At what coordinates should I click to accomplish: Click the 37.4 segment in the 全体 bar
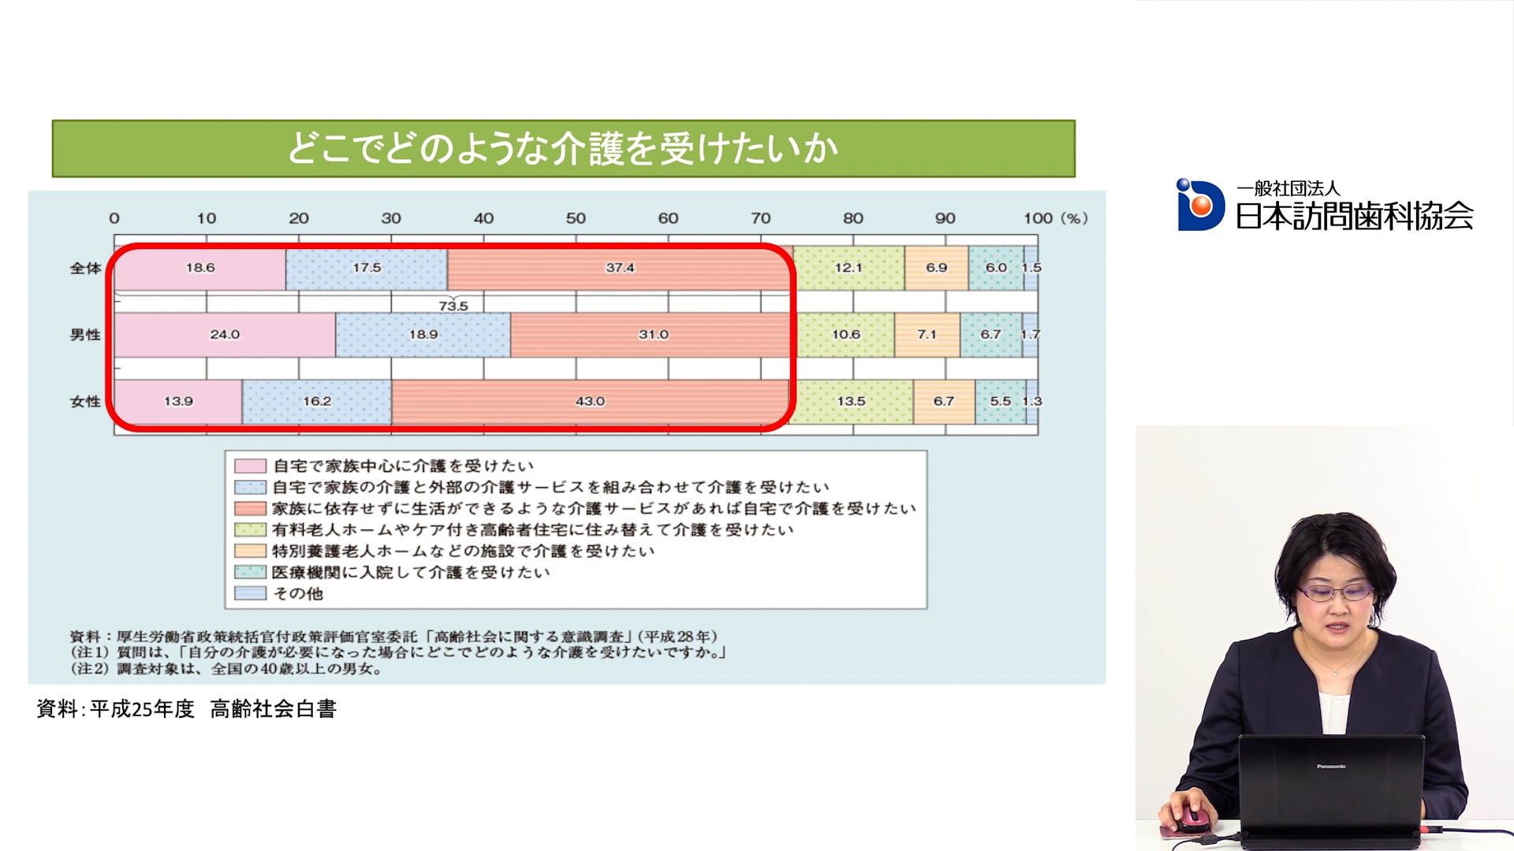(x=619, y=268)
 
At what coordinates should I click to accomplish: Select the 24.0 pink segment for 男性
(x=225, y=335)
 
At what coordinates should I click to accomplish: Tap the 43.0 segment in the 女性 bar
(x=590, y=402)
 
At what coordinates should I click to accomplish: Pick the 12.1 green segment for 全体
(x=848, y=268)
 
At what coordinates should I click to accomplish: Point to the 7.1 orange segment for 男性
(x=927, y=335)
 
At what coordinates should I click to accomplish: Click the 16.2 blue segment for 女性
(x=317, y=402)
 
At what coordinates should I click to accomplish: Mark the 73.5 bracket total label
(x=453, y=306)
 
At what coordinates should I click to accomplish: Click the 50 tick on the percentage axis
(x=576, y=218)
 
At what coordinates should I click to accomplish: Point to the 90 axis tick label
(x=945, y=218)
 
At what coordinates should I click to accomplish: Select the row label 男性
(x=85, y=335)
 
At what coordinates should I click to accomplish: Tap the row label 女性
(x=85, y=402)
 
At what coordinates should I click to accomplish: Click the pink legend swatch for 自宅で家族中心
(x=250, y=466)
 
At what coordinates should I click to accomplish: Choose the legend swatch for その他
(x=250, y=593)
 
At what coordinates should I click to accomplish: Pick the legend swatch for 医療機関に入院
(x=250, y=572)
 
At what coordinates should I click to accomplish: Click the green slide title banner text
(x=562, y=149)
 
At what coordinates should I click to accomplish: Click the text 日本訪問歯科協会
(x=1354, y=216)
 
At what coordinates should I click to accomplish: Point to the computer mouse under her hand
(x=1191, y=819)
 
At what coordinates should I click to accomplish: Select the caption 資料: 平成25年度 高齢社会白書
(x=187, y=709)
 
